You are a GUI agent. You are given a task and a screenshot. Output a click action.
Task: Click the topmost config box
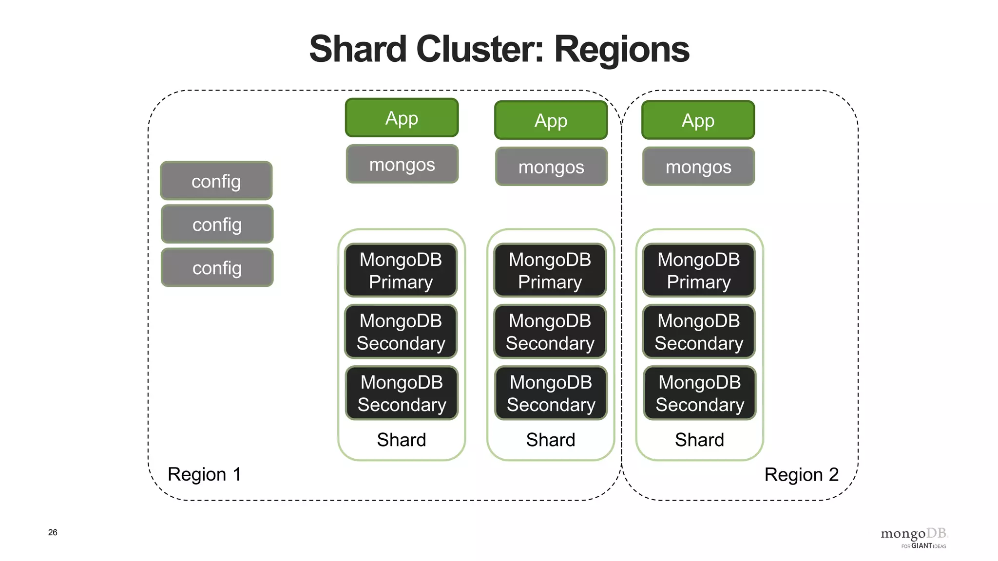click(x=216, y=181)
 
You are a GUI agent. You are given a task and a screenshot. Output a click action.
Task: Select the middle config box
click(x=217, y=224)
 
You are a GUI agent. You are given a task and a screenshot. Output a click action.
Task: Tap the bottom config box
click(x=217, y=268)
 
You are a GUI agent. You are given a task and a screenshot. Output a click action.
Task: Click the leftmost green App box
click(x=402, y=118)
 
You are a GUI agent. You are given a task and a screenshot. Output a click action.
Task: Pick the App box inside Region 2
click(x=698, y=120)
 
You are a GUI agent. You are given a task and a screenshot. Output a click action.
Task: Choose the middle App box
click(x=551, y=120)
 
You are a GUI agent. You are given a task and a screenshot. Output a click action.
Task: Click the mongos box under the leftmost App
click(x=402, y=165)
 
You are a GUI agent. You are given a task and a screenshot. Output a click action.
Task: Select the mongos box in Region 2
click(x=698, y=167)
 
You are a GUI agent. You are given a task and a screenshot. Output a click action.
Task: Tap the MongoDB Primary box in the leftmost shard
click(x=401, y=271)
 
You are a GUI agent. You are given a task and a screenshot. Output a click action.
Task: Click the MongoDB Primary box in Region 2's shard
click(x=698, y=271)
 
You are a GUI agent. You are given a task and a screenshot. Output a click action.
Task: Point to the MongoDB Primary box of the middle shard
click(x=550, y=271)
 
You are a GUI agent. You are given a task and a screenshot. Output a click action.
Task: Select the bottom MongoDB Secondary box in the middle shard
click(x=551, y=393)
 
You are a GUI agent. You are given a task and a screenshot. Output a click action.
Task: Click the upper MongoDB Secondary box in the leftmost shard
click(x=401, y=332)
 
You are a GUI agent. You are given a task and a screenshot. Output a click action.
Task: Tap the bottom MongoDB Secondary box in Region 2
click(x=699, y=393)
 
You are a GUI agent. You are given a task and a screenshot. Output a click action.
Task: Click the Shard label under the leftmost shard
click(x=402, y=440)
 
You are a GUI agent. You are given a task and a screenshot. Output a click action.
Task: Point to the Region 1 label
click(x=204, y=474)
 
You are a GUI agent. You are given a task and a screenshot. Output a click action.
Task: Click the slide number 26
click(x=53, y=532)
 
